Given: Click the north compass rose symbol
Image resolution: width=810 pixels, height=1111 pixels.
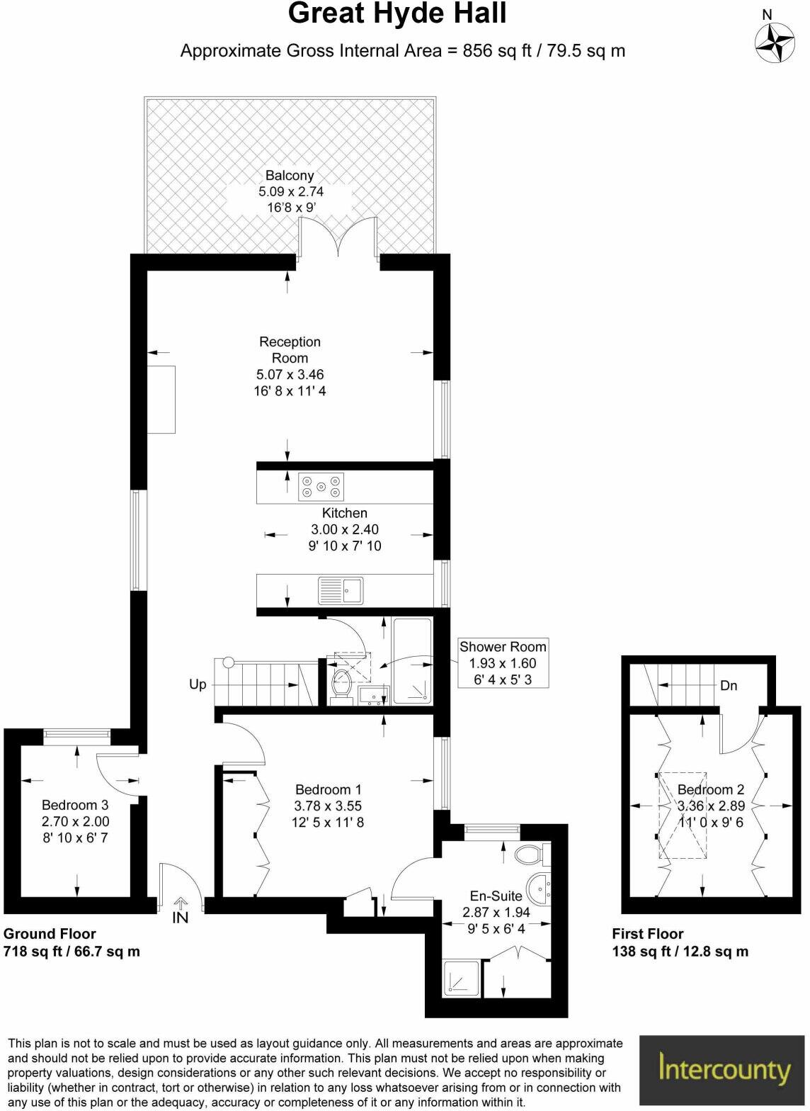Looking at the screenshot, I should coord(775,43).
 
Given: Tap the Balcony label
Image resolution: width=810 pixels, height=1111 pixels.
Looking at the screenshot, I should coord(290,176).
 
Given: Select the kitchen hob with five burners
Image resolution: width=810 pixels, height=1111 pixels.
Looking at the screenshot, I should coord(321,486).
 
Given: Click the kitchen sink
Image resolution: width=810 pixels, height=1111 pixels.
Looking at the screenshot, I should coord(341,590).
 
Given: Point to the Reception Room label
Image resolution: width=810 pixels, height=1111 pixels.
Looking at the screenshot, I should coord(290,350).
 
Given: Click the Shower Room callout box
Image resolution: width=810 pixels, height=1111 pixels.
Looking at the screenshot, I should coord(503,663).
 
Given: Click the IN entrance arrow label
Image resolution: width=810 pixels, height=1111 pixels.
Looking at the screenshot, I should coord(181,918).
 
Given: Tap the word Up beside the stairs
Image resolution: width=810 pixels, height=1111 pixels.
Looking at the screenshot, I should coord(198,684).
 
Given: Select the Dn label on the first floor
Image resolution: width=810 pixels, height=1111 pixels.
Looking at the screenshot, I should coord(729,685).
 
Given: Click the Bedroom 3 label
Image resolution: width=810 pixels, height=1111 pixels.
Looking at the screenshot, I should coord(75,805).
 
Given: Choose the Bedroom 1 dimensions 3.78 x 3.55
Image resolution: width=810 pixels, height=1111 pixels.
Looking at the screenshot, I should coord(328,806).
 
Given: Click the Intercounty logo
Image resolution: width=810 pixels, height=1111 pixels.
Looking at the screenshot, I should coord(724,1070).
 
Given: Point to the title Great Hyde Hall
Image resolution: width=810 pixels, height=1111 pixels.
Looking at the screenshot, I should coord(397,14).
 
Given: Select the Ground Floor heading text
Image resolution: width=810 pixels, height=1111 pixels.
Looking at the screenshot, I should coord(50,934).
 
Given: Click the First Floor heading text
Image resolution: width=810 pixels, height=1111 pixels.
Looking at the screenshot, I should coord(648,934).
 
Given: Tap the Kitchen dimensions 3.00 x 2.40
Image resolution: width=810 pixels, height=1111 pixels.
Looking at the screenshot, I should coord(345,529).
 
